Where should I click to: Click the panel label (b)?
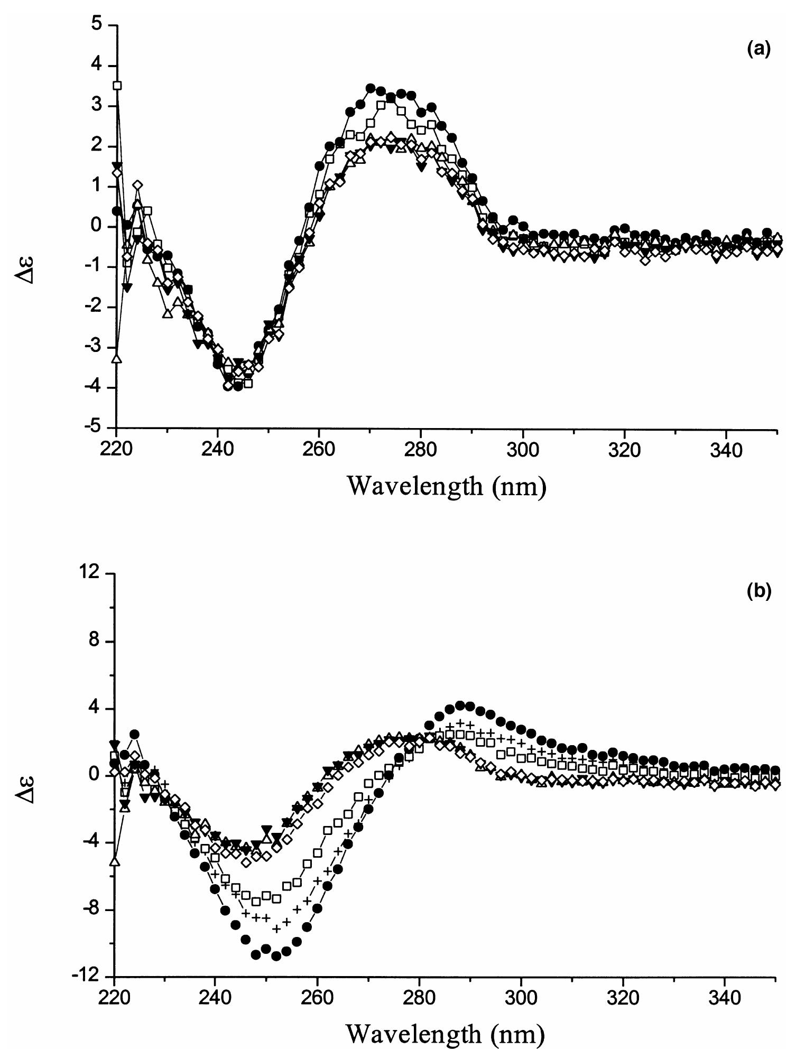point(759,591)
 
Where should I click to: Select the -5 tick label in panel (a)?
point(94,428)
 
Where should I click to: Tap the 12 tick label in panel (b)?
point(93,573)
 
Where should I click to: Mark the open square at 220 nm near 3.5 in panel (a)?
point(118,85)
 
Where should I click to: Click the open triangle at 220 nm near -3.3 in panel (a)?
point(117,359)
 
